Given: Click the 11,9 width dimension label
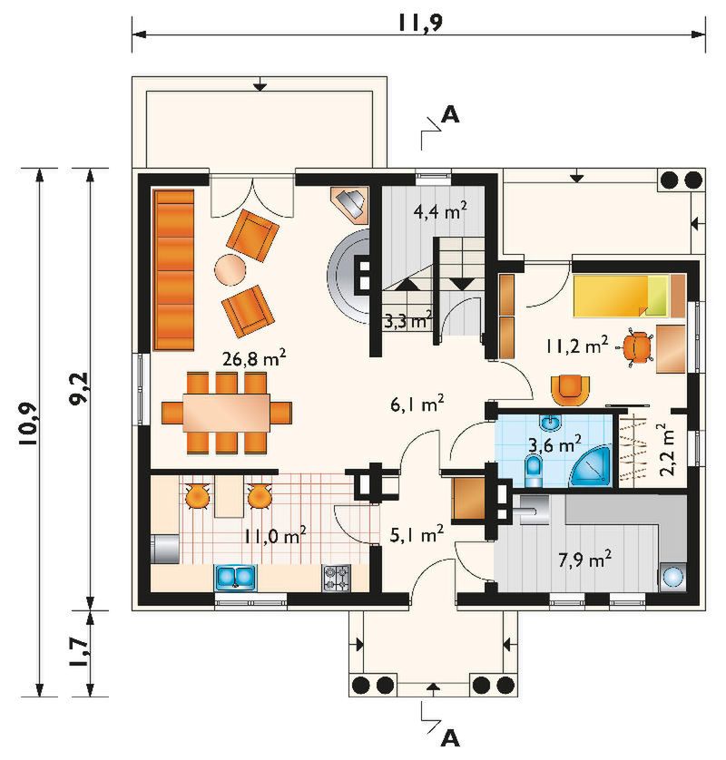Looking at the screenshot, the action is pos(420,23).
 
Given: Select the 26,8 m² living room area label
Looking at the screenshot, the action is pos(254,358).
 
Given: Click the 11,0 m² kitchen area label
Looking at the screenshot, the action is pos(274,536).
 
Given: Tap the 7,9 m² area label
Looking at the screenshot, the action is pos(584,559).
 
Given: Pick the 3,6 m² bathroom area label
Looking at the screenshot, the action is pos(554,443).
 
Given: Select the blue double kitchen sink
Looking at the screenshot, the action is pos(235,577).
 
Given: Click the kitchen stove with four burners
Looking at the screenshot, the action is pos(337,578).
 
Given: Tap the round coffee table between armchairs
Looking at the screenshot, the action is pos(230,269).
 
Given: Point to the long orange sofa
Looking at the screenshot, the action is pos(173,269).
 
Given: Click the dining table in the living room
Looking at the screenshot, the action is pos(227,413).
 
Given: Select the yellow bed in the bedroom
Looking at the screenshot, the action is pos(623,296).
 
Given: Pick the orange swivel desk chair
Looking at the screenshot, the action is pos(637,347).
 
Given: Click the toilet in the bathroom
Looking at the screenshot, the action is pos(534,470).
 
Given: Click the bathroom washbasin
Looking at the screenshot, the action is pos(552,423).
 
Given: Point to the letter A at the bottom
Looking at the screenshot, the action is pos(450,738).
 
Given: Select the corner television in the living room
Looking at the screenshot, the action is pos(351,204).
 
